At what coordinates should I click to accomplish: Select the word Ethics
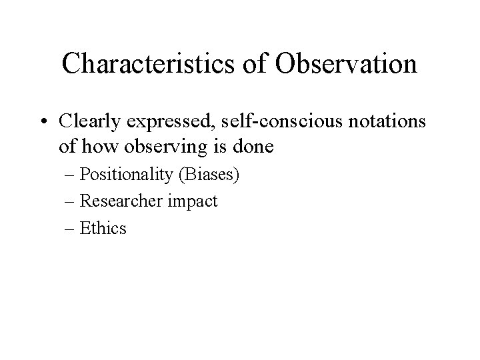pyautogui.click(x=103, y=229)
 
